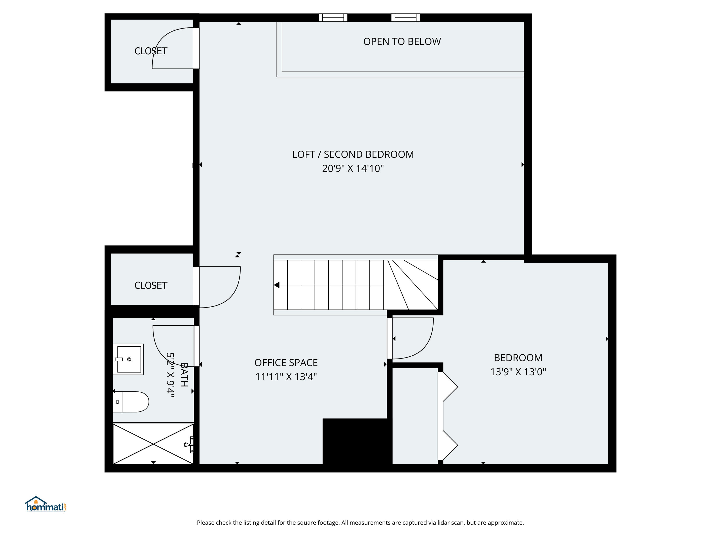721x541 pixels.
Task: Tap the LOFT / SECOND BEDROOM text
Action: (353, 154)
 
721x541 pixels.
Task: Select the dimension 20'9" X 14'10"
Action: (353, 169)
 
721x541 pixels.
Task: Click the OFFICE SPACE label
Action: (286, 363)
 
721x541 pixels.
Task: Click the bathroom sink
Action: (128, 359)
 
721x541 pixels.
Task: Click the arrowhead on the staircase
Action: (277, 285)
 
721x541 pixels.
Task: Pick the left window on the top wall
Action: (333, 18)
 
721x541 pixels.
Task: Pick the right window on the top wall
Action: (405, 18)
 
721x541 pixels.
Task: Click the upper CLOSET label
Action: (151, 51)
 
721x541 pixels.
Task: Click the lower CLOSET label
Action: (151, 286)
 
